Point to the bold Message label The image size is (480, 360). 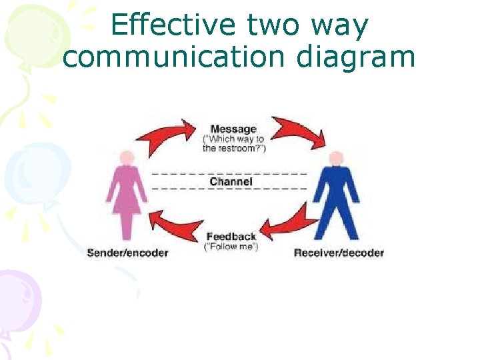click(x=233, y=129)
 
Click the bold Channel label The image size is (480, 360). click(x=231, y=181)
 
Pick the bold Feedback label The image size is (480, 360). click(x=231, y=237)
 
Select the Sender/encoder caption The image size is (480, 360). click(x=127, y=253)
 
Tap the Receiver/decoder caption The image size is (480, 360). click(x=339, y=253)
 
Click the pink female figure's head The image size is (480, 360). click(x=127, y=157)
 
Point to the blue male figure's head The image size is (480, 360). click(x=337, y=159)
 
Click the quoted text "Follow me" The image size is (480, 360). click(x=231, y=247)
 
